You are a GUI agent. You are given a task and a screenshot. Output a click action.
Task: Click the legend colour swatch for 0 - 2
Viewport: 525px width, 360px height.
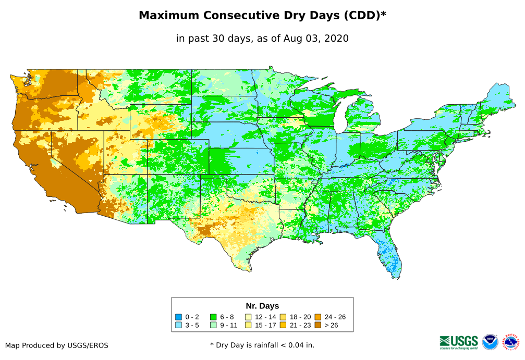pyautogui.click(x=178, y=317)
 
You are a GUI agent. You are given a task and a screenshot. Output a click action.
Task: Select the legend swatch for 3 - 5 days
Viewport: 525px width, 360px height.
pyautogui.click(x=178, y=325)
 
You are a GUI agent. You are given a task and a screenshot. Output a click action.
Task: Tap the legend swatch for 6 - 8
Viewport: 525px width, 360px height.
pyautogui.click(x=213, y=317)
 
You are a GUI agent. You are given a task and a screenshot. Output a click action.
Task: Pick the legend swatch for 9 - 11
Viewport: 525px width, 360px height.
pyautogui.click(x=213, y=325)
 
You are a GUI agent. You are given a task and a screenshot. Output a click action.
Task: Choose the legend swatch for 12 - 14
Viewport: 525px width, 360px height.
pyautogui.click(x=248, y=317)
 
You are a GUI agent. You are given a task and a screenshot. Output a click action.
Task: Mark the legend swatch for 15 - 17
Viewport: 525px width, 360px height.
pyautogui.click(x=248, y=325)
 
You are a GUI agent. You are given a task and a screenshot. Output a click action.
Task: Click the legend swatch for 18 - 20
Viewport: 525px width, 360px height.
pyautogui.click(x=283, y=317)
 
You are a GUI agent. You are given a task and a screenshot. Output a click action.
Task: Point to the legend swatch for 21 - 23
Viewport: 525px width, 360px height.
pyautogui.click(x=283, y=325)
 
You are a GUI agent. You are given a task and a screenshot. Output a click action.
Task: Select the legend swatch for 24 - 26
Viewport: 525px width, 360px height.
pyautogui.click(x=318, y=317)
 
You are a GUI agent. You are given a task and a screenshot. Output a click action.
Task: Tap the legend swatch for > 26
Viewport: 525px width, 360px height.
pyautogui.click(x=318, y=325)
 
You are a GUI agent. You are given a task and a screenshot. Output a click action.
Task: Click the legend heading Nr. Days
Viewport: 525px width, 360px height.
pyautogui.click(x=262, y=306)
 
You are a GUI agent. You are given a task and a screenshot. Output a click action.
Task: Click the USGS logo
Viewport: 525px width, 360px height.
pyautogui.click(x=459, y=342)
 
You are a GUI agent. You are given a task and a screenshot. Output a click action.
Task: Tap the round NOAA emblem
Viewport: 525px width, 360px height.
pyautogui.click(x=490, y=342)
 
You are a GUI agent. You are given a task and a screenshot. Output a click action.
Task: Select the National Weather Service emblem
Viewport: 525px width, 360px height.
pyautogui.click(x=511, y=342)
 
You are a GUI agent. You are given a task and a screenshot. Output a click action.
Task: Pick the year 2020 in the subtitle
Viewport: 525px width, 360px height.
pyautogui.click(x=336, y=39)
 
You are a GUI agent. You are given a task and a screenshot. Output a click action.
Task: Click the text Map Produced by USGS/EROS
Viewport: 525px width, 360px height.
pyautogui.click(x=57, y=345)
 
